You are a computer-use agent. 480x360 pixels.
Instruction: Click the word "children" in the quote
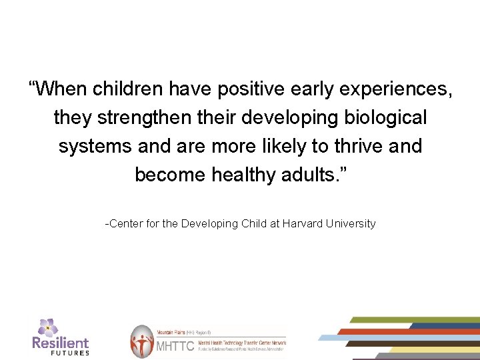point(129,89)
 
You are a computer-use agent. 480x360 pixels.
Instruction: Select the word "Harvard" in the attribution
point(303,224)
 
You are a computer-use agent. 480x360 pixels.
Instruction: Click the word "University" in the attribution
point(351,224)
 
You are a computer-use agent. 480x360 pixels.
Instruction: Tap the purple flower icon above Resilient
point(47,327)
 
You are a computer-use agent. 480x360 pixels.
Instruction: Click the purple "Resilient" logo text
point(61,343)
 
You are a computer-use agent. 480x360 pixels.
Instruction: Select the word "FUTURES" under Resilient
point(70,353)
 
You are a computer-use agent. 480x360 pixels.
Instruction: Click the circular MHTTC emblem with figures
point(141,342)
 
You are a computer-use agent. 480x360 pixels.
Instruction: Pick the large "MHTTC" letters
point(175,346)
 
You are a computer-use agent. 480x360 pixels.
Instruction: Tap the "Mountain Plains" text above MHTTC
point(170,331)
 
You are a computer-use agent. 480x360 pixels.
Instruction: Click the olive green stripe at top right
point(413,320)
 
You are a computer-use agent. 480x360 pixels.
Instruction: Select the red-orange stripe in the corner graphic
point(400,331)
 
